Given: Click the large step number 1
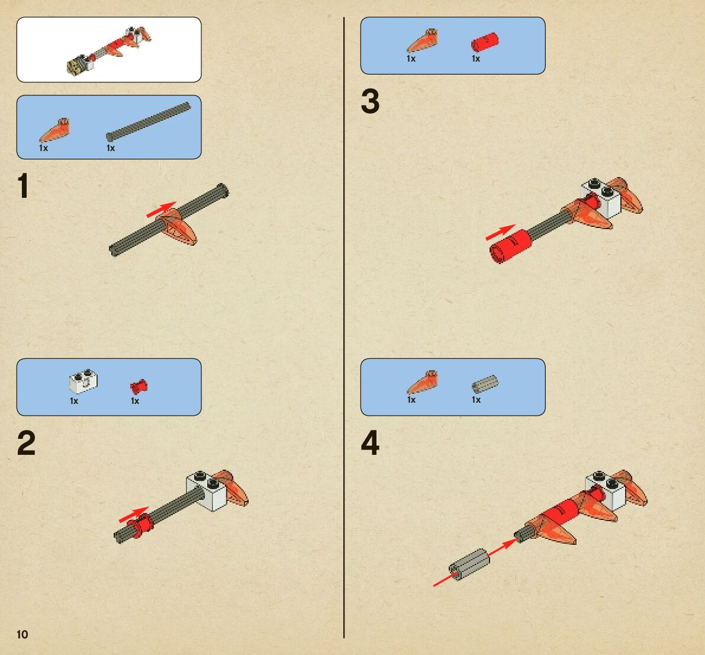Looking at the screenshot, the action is pos(24,186).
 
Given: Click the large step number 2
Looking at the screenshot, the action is pos(26,443).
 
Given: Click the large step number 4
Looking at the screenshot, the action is pos(370,442).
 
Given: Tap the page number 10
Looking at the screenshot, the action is pos(22,634).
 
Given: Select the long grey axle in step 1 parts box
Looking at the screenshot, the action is pos(149,121).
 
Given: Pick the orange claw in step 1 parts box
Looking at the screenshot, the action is pos(54,130).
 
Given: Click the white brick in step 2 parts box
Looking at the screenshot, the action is pos(83,383).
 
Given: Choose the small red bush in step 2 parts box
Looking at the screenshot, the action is pos(139,387).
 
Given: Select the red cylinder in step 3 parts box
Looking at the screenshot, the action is pos(485,42).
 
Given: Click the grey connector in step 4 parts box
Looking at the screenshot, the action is pos(485,384).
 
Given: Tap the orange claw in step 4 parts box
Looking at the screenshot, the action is pos(421,383).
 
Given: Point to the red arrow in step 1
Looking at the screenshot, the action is pos(161,209).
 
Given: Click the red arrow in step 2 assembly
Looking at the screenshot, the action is pos(134,515).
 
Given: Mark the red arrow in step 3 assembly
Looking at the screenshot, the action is pos(500,232).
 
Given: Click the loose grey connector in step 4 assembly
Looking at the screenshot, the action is pos(469,564).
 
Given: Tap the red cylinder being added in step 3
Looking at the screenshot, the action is pos(510,246).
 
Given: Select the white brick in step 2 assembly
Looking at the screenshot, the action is pos(206,491).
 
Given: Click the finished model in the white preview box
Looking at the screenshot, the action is pos(109,50).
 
